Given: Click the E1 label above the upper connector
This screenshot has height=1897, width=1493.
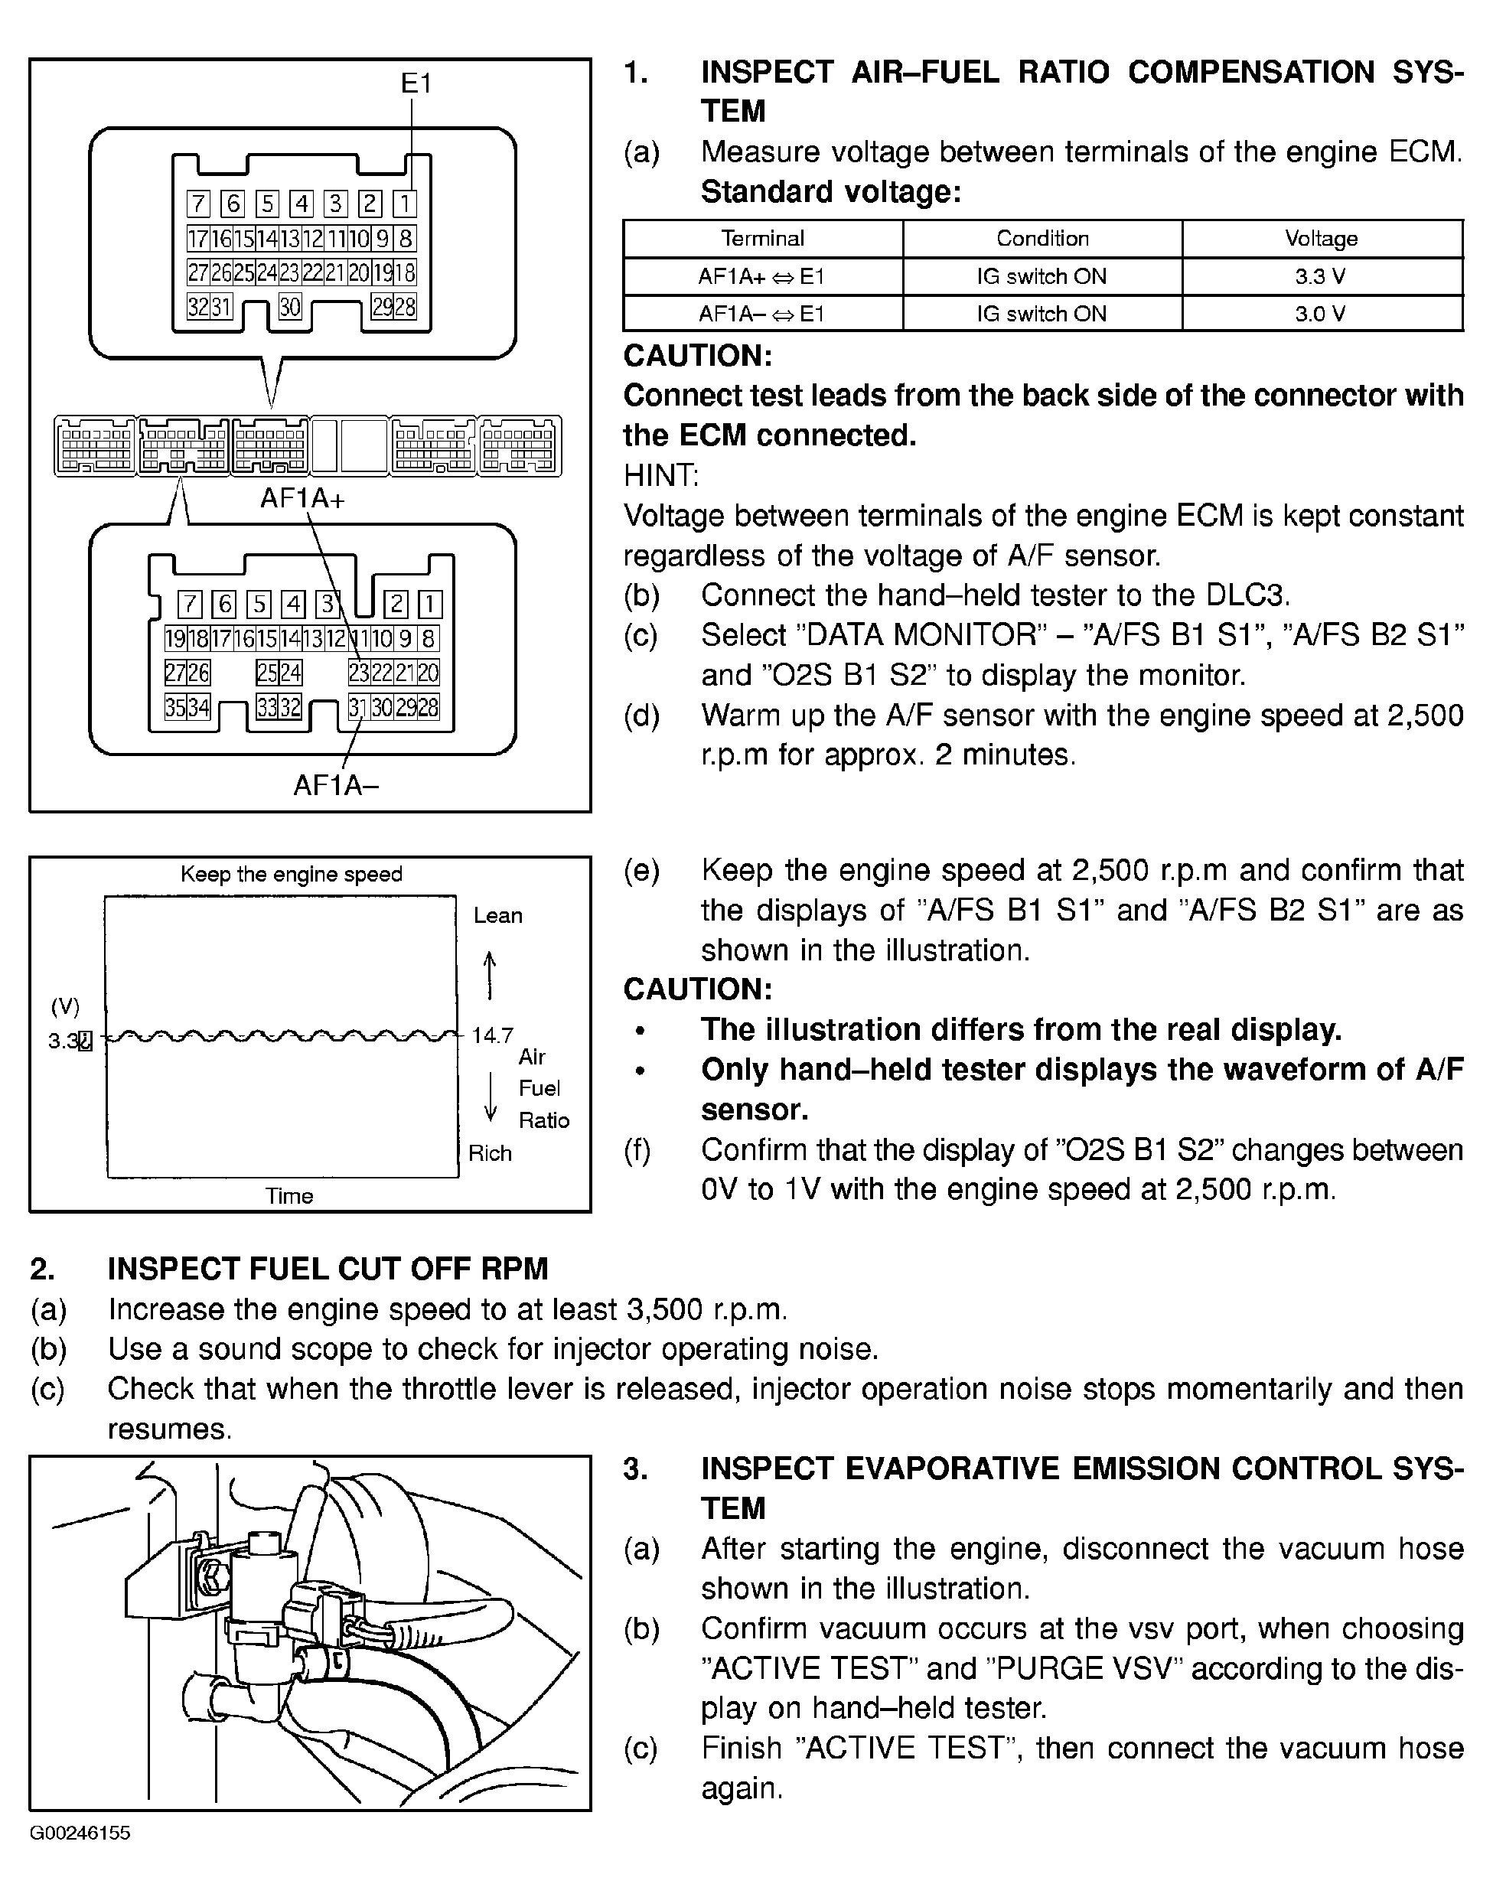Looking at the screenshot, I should click(416, 84).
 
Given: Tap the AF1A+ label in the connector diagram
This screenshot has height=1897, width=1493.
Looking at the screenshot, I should click(302, 498).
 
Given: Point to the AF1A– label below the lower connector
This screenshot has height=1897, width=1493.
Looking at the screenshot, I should click(336, 785).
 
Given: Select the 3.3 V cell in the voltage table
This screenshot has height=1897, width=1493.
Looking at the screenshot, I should click(1321, 277).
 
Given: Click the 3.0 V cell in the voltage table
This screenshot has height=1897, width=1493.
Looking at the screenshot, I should click(1321, 314).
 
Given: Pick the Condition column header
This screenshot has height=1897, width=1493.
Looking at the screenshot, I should click(1042, 239).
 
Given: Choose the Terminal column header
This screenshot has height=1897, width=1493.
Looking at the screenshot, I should click(762, 239).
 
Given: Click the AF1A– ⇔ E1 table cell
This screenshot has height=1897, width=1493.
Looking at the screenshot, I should click(761, 314).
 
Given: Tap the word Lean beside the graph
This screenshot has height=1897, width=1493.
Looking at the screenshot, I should click(498, 915).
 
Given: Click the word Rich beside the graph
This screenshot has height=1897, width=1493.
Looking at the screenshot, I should click(490, 1153).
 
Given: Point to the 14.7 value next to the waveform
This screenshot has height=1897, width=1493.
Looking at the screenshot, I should click(492, 1036).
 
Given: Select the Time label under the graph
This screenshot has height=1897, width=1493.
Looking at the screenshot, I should click(289, 1196).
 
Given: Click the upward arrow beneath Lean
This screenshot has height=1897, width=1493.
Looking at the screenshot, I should click(490, 975).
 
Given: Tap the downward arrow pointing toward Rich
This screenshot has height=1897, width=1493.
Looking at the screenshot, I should click(491, 1097).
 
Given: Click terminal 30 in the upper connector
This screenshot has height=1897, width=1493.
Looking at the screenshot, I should click(290, 307).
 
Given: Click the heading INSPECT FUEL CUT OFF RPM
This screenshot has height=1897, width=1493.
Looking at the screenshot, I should click(328, 1269).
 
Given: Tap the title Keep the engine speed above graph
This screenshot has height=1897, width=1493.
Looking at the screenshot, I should click(291, 874).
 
